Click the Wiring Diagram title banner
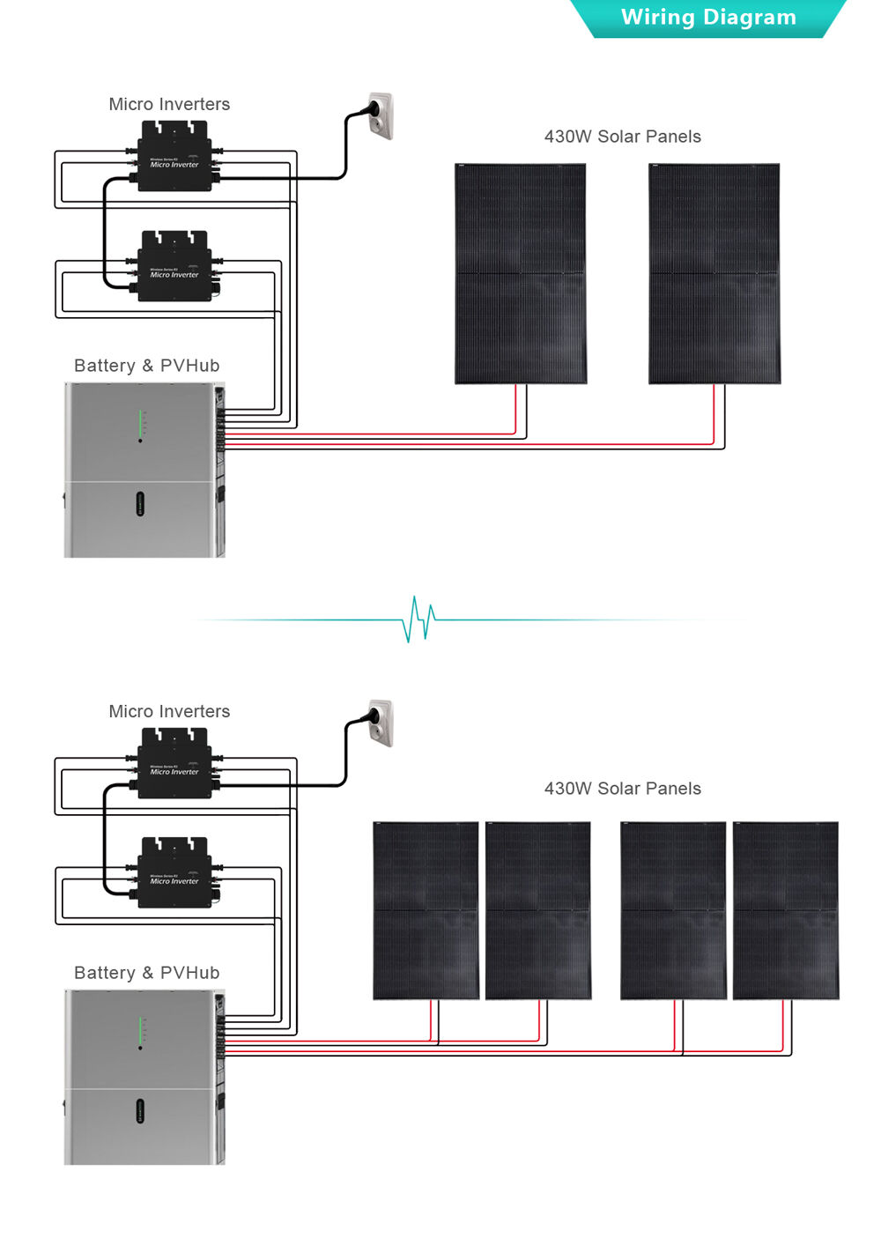[x=708, y=18]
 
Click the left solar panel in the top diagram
[x=521, y=273]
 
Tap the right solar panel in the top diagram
[x=714, y=273]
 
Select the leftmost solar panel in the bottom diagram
[x=426, y=910]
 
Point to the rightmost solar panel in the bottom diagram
[x=786, y=910]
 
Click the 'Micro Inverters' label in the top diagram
[x=169, y=104]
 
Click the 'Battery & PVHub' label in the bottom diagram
[x=147, y=973]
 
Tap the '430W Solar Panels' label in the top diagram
[x=622, y=137]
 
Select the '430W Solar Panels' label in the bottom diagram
[x=622, y=789]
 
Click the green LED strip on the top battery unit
[x=140, y=423]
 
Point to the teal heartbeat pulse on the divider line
[x=418, y=619]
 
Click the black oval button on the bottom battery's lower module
[x=140, y=1111]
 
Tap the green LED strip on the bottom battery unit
[x=140, y=1030]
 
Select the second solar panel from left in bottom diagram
[x=538, y=910]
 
